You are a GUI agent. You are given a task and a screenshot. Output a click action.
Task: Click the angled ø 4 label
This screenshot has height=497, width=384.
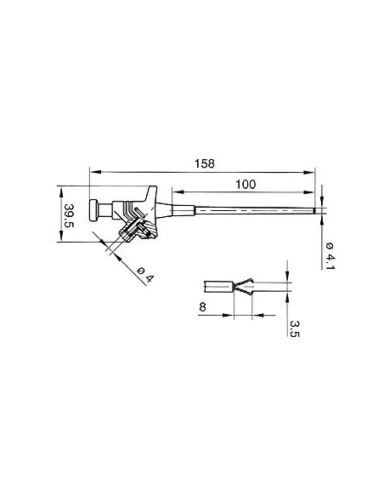[x=145, y=274]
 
